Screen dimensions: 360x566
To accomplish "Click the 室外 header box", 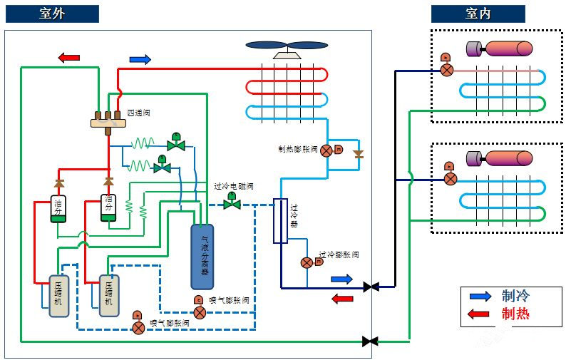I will pos(52,14).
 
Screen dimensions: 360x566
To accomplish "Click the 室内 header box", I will pos(478,14).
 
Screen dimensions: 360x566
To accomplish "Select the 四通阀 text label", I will pos(138,113).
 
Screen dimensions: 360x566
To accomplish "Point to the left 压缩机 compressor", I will pos(58,295).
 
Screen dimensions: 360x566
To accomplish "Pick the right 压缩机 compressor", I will pos(108,295).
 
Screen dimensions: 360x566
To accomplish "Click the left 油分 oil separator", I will pos(58,207).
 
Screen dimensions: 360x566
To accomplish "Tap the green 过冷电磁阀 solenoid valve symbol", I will pos(232,203).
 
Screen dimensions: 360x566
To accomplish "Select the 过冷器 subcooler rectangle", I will pos(280,220).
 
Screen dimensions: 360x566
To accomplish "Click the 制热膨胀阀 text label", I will pos(298,150).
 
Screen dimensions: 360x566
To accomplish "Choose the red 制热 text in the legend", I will pos(515,314).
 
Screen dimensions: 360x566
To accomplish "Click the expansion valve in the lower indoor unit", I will pos(450,178).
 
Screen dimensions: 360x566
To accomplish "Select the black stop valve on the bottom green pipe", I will pos(370,341).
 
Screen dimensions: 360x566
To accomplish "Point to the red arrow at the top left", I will pos(69,57).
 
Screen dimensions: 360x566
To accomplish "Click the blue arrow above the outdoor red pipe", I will pos(140,59).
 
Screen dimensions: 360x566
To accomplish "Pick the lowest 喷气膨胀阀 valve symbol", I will pos(138,326).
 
